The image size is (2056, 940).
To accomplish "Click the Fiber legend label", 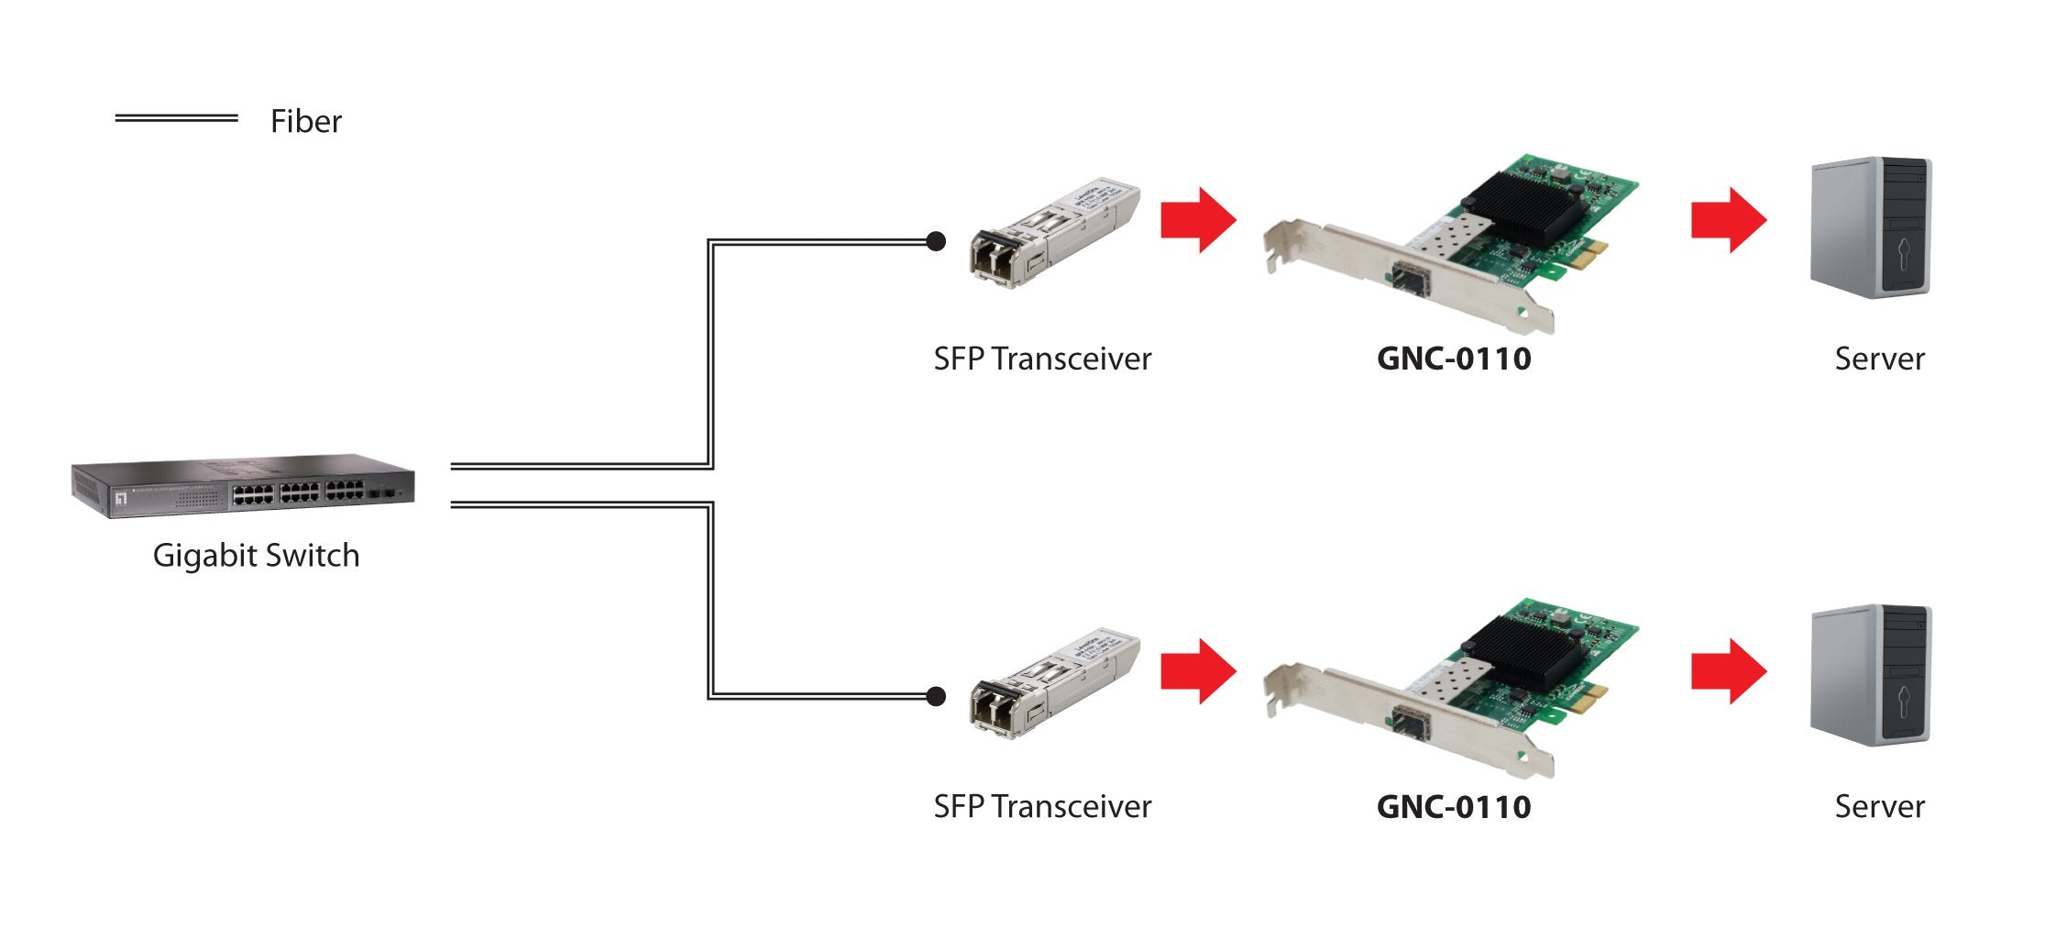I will (305, 122).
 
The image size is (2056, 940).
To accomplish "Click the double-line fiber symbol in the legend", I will (176, 118).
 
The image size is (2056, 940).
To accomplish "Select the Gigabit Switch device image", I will (243, 486).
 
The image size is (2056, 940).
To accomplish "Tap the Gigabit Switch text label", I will (256, 556).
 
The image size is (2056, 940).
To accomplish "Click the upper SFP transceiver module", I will (1054, 233).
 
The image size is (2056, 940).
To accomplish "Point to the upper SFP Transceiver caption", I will (1042, 359).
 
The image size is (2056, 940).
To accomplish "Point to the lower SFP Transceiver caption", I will (1042, 807).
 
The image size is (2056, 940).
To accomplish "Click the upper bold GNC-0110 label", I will (1454, 359).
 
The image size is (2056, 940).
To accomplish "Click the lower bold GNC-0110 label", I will (1454, 807).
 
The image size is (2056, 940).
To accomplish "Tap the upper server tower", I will (1871, 227).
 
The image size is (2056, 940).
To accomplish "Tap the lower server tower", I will (1871, 675).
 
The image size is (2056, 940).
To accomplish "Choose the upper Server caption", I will (1879, 359).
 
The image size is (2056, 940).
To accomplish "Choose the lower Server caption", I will (1879, 807).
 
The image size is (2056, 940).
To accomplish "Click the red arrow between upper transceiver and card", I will (1197, 220).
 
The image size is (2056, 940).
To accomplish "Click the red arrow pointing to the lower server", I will (1728, 671).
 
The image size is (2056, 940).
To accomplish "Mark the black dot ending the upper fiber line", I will (936, 241).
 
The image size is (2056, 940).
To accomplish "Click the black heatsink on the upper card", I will (1522, 209).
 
